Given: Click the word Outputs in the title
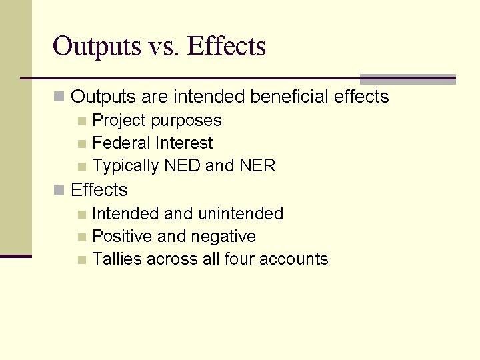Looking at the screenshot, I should [97, 47].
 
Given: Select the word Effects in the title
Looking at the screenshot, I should [227, 47].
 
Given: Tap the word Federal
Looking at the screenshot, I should [121, 143].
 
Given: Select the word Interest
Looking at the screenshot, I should [184, 143].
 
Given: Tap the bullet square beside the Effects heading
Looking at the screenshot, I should [60, 191].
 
